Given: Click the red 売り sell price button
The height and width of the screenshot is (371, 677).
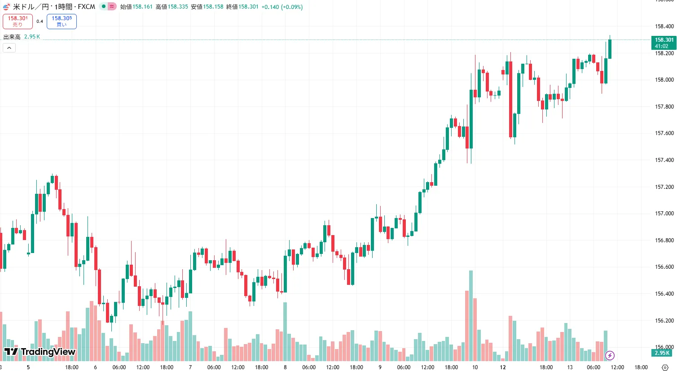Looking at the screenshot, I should tap(18, 21).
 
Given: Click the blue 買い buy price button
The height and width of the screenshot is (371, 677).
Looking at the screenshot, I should tap(62, 21).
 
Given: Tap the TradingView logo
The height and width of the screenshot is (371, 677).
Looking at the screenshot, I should tap(40, 352).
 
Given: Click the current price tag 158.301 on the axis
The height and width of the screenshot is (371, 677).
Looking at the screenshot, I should tap(664, 43).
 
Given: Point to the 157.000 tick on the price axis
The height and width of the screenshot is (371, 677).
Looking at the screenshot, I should tap(664, 214).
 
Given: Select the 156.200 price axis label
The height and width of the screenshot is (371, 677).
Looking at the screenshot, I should tap(664, 321).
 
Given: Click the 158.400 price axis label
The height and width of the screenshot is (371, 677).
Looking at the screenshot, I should tap(664, 26).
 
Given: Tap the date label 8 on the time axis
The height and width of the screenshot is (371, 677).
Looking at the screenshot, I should tap(285, 367).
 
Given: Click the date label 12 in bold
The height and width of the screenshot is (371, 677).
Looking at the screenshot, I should tap(503, 367).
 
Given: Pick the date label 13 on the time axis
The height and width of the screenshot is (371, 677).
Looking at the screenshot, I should tap(570, 367).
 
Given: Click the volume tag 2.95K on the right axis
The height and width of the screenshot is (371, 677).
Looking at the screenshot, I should tap(662, 353).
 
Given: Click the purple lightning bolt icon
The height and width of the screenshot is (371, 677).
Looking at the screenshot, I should tap(610, 356).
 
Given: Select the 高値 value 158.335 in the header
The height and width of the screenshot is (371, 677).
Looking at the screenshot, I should tap(178, 7).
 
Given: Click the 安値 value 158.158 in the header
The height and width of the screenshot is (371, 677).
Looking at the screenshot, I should tap(213, 7).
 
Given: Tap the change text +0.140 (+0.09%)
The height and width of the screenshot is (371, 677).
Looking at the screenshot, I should tap(282, 7).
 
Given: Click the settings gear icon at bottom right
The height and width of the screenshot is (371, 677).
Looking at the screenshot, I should tap(665, 367).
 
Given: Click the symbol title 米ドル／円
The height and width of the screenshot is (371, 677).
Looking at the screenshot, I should tap(31, 7).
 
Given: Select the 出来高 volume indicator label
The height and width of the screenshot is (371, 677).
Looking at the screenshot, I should tap(12, 37).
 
